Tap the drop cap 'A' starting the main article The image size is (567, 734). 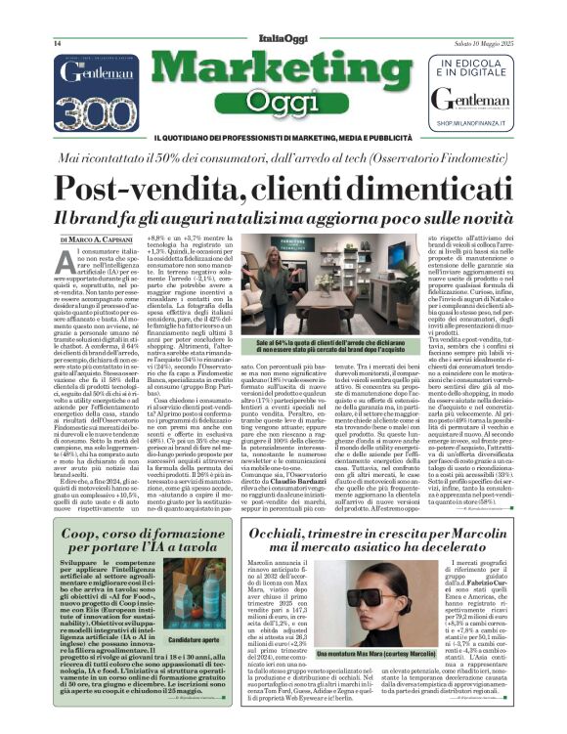(x=66, y=258)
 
